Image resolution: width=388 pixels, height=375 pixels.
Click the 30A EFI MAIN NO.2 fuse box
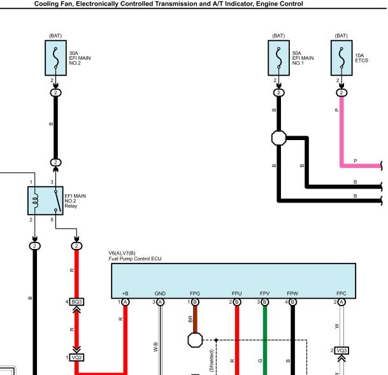[x=55, y=58]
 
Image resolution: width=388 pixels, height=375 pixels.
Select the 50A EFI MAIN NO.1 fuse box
[x=278, y=58]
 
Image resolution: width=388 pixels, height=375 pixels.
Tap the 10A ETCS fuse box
[x=341, y=58]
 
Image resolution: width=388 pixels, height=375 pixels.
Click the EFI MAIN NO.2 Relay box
[x=45, y=201]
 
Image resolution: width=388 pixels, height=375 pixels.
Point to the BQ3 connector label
[x=76, y=302]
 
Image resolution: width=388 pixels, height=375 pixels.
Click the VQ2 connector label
[x=76, y=357]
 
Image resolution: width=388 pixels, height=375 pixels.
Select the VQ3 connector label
[x=341, y=351]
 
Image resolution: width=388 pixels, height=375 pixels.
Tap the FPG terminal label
[x=195, y=294]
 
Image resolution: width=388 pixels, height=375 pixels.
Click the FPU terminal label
[x=236, y=294]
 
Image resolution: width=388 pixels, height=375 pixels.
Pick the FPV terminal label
[x=264, y=294]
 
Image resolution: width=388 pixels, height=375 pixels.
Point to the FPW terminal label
[x=292, y=294]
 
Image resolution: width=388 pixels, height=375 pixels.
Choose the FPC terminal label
[x=341, y=294]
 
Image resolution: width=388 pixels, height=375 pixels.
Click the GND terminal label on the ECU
[x=160, y=294]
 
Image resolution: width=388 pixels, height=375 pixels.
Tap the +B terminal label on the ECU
[x=126, y=294]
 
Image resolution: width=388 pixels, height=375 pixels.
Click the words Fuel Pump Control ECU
[x=135, y=259]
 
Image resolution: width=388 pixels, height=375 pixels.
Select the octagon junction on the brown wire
[x=195, y=340]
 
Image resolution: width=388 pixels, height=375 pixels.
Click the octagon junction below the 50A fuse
[x=279, y=138]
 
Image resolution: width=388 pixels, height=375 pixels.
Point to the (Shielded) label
[x=212, y=360]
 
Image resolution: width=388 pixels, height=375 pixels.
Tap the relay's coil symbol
[x=36, y=201]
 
